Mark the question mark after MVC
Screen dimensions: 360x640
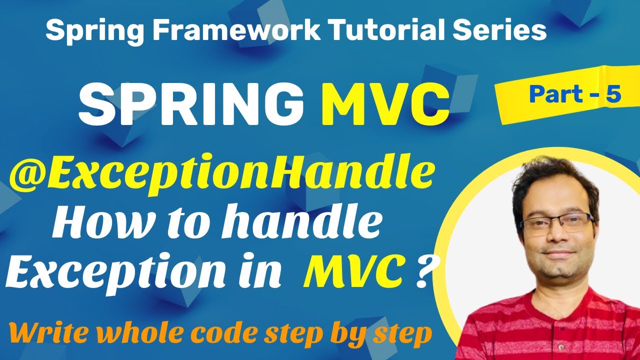[421, 272]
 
